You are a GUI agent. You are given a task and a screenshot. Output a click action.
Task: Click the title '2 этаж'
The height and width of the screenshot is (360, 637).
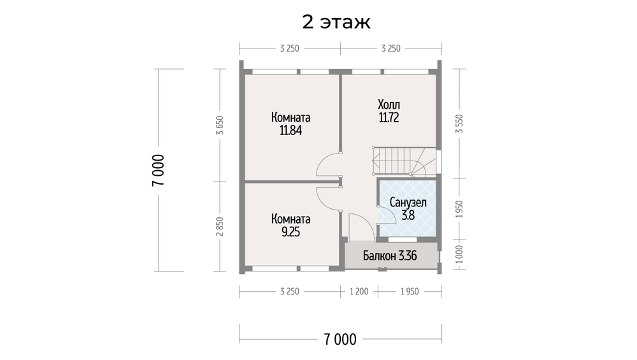tap(336, 22)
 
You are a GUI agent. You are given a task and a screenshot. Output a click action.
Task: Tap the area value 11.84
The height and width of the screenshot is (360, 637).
tap(290, 131)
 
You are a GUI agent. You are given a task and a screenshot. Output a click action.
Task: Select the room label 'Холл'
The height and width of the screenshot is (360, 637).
tap(389, 104)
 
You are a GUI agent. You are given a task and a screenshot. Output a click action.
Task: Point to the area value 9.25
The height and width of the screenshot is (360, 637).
tap(290, 232)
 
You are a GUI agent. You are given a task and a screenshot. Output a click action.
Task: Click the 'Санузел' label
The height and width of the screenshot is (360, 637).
tap(408, 203)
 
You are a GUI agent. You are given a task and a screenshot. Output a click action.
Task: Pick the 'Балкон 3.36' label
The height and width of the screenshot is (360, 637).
tap(390, 256)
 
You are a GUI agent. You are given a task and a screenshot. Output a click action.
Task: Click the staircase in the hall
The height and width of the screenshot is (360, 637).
tap(404, 161)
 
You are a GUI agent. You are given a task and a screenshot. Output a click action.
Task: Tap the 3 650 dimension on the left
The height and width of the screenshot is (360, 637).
tap(220, 125)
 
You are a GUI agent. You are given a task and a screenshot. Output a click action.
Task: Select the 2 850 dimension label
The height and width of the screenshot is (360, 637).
tap(220, 226)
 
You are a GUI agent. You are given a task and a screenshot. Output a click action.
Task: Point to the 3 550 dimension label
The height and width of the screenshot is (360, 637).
tap(459, 124)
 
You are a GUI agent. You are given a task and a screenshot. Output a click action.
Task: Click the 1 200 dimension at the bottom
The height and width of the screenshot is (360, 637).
tap(359, 292)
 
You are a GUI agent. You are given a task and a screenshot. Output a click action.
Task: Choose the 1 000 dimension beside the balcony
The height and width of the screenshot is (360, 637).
tap(459, 254)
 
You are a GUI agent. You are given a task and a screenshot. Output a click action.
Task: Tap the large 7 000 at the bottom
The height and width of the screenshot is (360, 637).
tap(340, 339)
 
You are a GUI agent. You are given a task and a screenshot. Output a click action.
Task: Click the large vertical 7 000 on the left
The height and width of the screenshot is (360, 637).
tap(159, 170)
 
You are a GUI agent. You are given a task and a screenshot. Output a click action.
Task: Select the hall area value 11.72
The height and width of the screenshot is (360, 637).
tap(389, 118)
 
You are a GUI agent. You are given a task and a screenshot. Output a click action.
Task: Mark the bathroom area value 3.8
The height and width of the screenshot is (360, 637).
tap(408, 215)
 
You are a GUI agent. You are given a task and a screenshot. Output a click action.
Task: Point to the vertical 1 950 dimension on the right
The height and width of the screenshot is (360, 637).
tap(459, 209)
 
